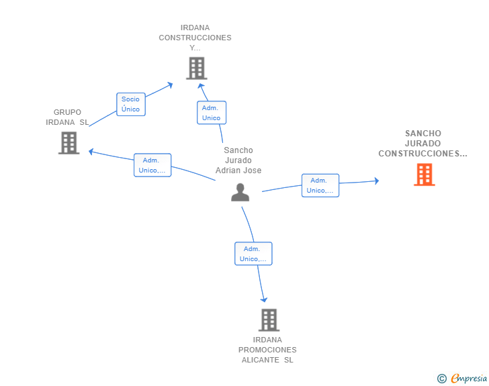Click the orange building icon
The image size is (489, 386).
coord(424,175)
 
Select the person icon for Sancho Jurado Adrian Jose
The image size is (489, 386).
coord(240,193)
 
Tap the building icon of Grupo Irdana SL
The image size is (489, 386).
coord(69,143)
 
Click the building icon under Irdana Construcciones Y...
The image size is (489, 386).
coord(197,68)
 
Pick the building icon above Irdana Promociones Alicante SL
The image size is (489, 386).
coord(269,320)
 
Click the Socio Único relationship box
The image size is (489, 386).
coord(131,105)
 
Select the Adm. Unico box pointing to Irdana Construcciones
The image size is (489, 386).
coord(212,113)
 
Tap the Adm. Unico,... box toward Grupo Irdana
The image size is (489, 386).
coord(152,165)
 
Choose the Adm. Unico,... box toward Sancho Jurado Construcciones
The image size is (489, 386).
coord(320,185)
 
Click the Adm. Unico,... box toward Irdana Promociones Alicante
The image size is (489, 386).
coord(253,254)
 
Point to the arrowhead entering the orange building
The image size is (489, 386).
coord(377,181)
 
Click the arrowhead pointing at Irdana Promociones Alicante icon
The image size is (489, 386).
coord(264,299)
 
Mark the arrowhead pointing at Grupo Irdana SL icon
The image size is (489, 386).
coord(91,152)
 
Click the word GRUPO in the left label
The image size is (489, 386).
coord(67,112)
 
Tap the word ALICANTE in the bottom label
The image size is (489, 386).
coord(261,360)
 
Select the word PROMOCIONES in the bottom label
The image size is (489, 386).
coord(267,350)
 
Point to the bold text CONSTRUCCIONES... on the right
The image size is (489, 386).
coord(423,154)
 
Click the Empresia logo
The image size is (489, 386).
coord(469,378)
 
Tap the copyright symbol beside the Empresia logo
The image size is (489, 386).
coord(442,379)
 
